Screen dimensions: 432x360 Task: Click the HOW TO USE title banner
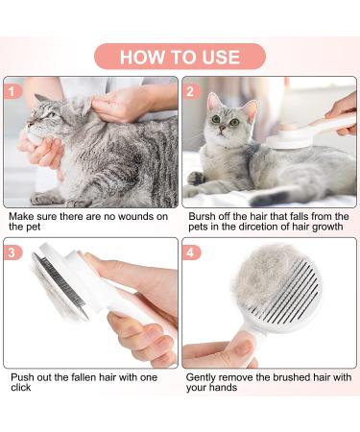180,57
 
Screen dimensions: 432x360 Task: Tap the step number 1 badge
12,93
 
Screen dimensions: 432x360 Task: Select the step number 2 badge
190,93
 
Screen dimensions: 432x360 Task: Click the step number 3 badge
12,252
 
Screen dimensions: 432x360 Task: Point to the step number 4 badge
190,252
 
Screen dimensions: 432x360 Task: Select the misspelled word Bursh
200,217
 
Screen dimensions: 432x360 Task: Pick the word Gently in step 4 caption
204,375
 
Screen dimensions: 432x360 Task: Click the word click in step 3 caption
20,388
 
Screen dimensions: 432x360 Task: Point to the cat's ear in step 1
43,99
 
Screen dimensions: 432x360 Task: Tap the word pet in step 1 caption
34,229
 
